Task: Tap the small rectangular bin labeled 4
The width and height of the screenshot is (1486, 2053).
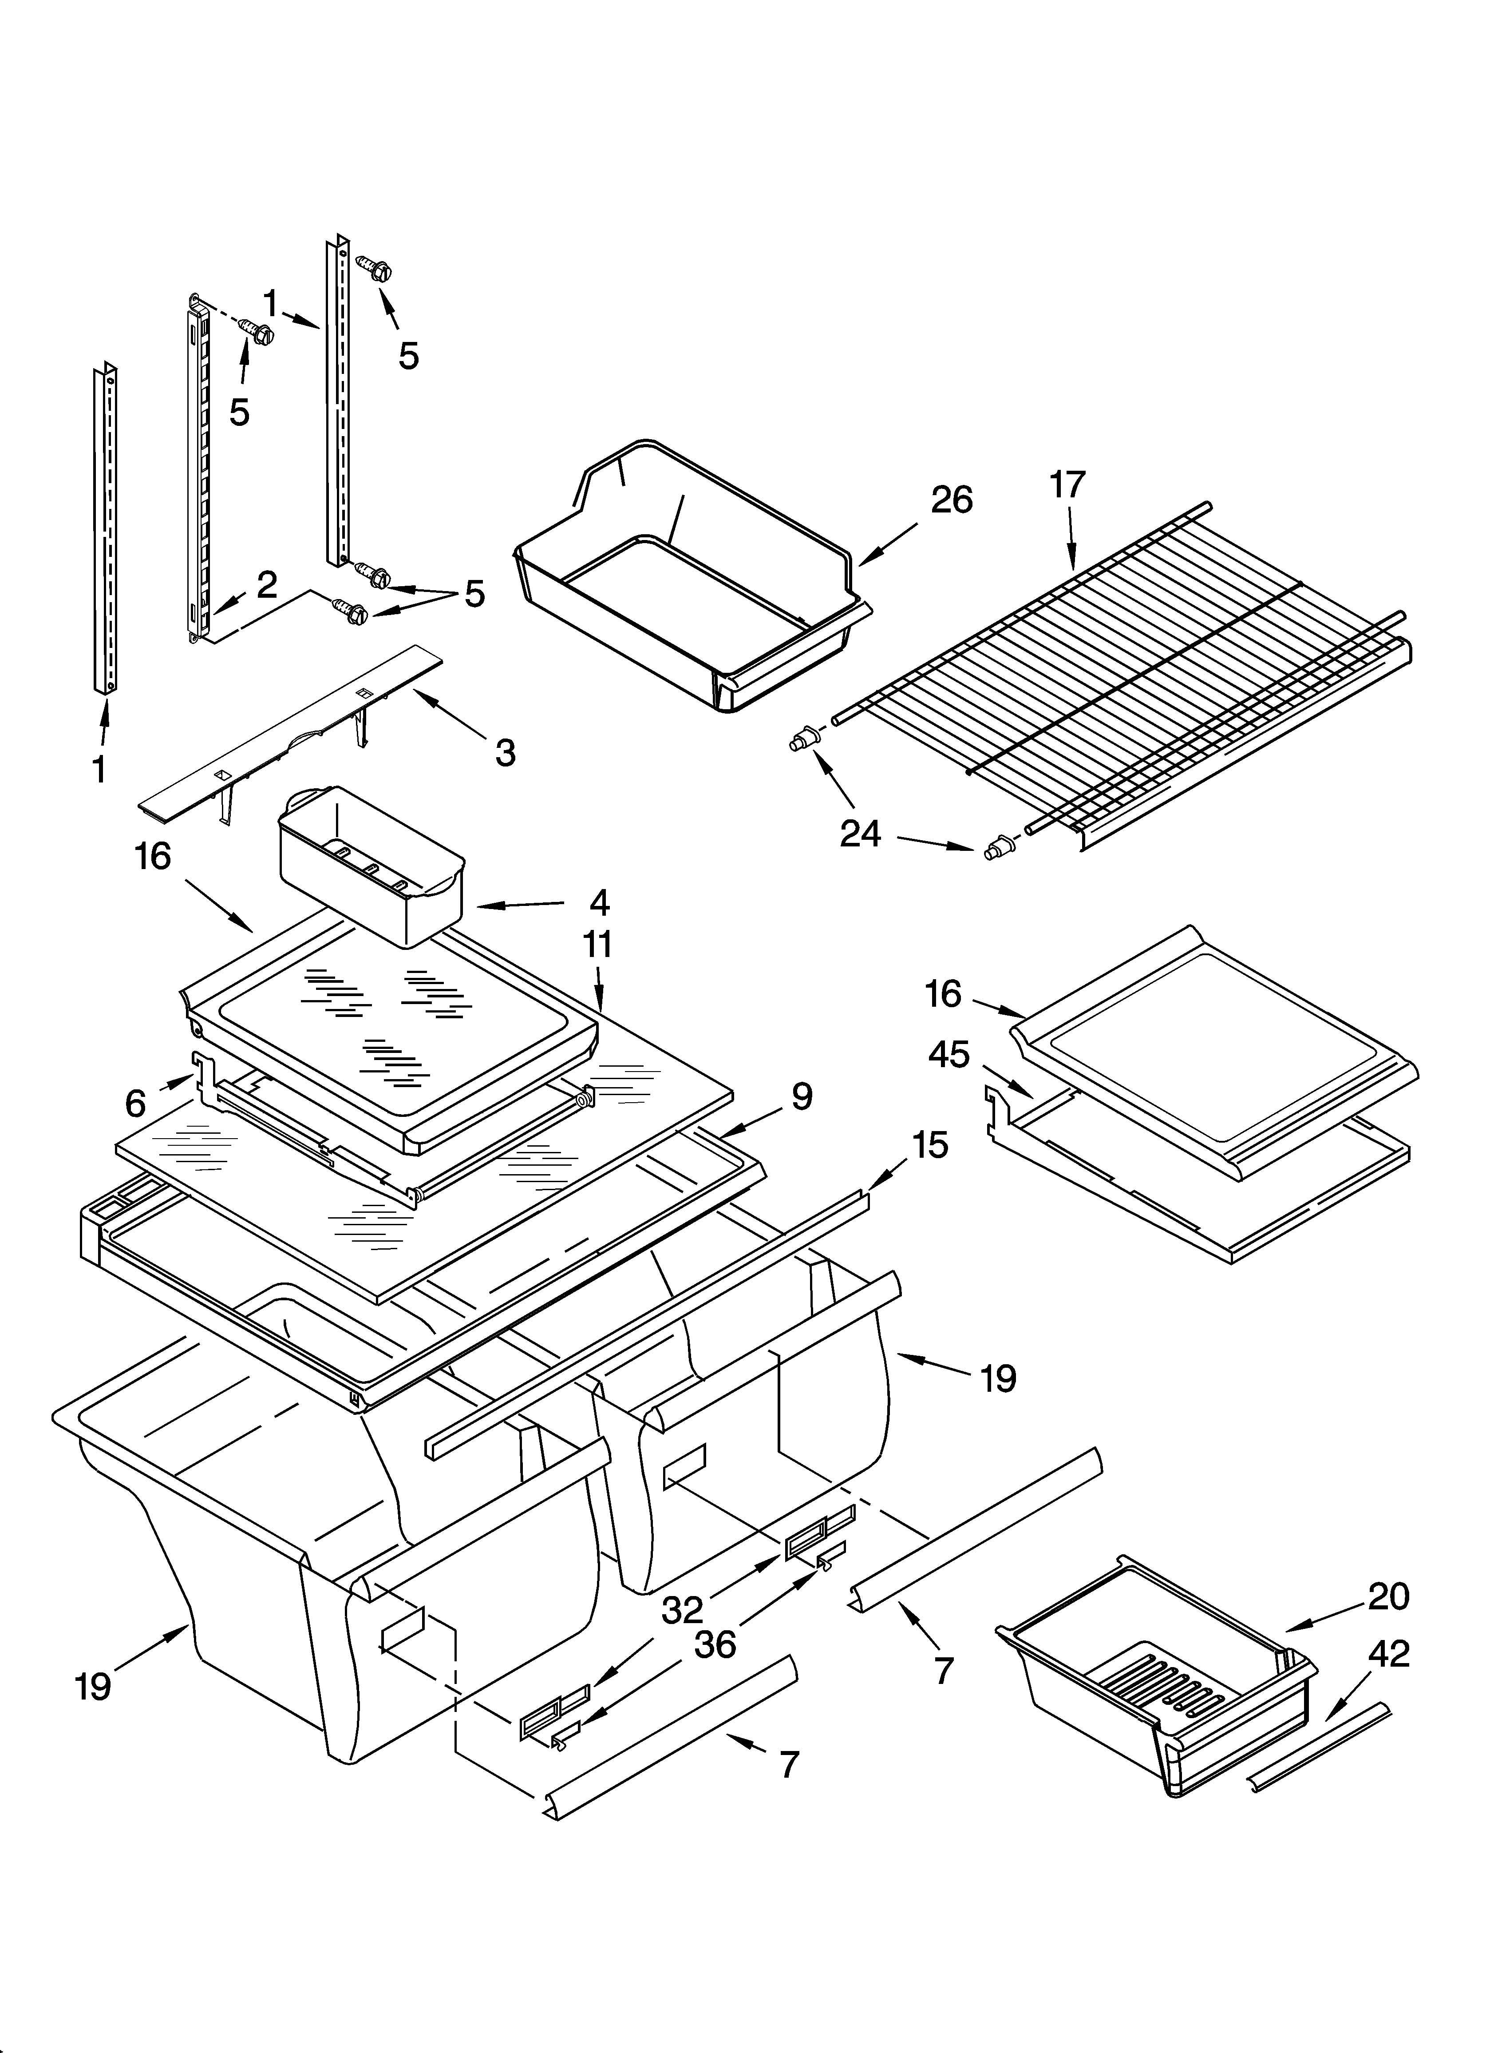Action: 371,869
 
